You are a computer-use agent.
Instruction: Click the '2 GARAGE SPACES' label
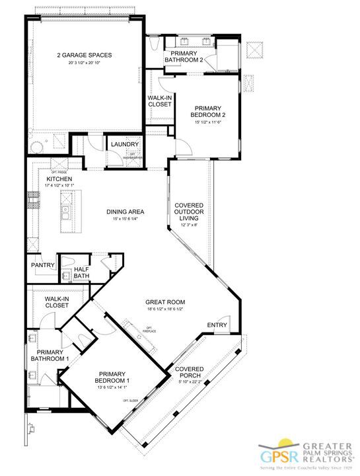click(x=85, y=56)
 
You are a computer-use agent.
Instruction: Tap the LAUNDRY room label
click(x=124, y=144)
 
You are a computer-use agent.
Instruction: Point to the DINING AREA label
click(x=125, y=212)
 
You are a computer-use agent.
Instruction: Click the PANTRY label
click(x=42, y=265)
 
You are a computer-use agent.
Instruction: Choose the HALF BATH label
click(x=82, y=272)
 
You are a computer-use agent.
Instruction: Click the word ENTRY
click(x=217, y=325)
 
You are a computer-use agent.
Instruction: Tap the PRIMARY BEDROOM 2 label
click(x=207, y=112)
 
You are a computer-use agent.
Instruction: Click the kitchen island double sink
click(x=67, y=212)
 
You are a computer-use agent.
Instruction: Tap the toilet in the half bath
click(x=67, y=276)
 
